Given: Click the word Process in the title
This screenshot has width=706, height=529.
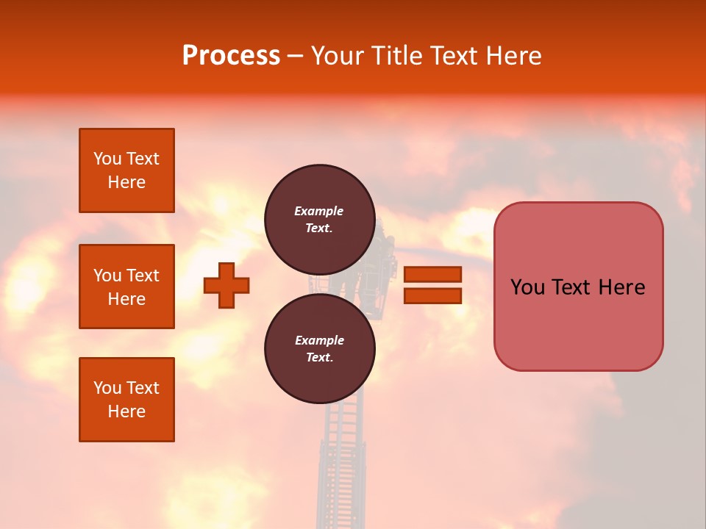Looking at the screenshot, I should pyautogui.click(x=231, y=55).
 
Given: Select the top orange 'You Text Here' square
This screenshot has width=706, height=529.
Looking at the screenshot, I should pyautogui.click(x=126, y=170).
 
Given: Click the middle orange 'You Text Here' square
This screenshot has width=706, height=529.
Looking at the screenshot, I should pyautogui.click(x=126, y=287).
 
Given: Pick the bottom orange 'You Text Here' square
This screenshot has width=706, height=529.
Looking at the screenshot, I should pyautogui.click(x=126, y=400).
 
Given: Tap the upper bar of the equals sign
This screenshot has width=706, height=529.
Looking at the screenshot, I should pyautogui.click(x=433, y=274).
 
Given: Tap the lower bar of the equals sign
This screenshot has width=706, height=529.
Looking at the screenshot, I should pyautogui.click(x=433, y=295).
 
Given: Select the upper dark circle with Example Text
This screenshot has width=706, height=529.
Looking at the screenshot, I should pyautogui.click(x=319, y=219).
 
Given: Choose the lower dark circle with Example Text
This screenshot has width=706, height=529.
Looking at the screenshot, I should pyautogui.click(x=319, y=348).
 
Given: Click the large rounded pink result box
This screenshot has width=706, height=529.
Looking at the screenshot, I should pyautogui.click(x=578, y=287).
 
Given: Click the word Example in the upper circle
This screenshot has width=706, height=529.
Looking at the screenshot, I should pyautogui.click(x=319, y=211).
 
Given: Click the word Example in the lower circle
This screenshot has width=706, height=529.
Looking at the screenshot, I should pyautogui.click(x=319, y=340).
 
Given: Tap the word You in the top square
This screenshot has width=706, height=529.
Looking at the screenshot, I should pyautogui.click(x=107, y=159).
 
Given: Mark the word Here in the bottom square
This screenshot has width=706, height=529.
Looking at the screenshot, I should pyautogui.click(x=126, y=411).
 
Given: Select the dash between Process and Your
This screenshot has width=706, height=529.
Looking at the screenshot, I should pyautogui.click(x=295, y=57).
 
